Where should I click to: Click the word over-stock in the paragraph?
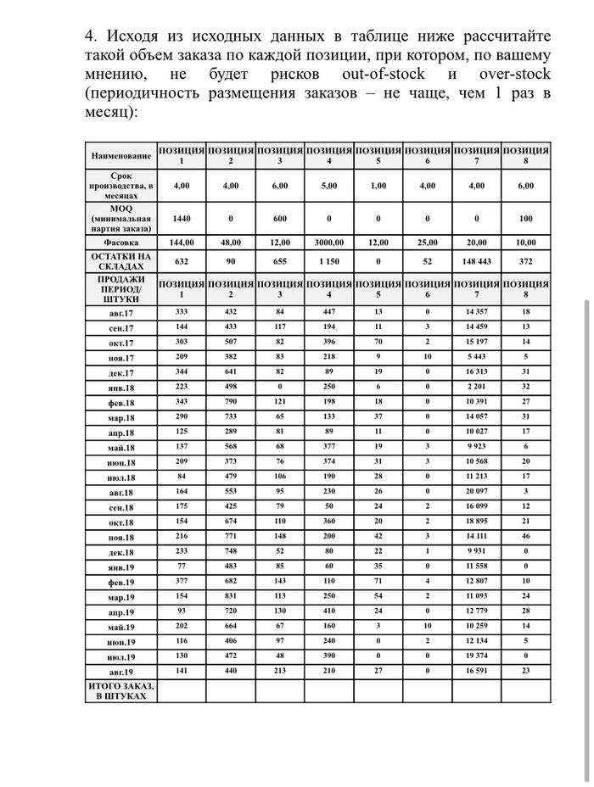tap(510, 75)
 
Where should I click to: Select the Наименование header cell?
tap(120, 156)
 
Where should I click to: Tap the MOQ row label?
tap(120, 218)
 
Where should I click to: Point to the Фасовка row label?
tap(120, 242)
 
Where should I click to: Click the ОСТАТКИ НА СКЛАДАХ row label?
tap(120, 261)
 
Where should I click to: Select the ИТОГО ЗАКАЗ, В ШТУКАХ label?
tap(120, 690)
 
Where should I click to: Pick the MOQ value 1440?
tap(182, 218)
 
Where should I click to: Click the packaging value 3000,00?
tap(328, 242)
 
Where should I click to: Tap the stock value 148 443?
tap(476, 261)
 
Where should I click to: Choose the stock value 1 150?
tap(328, 261)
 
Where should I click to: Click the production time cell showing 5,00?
tap(328, 185)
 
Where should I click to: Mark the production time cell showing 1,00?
tap(378, 185)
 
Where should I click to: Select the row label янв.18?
tap(120, 388)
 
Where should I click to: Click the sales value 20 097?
tap(476, 492)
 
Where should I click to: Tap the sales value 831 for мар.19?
tap(231, 596)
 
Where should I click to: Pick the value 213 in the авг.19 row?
tap(280, 671)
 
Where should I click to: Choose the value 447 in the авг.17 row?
tap(328, 312)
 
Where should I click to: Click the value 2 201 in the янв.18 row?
tap(476, 387)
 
